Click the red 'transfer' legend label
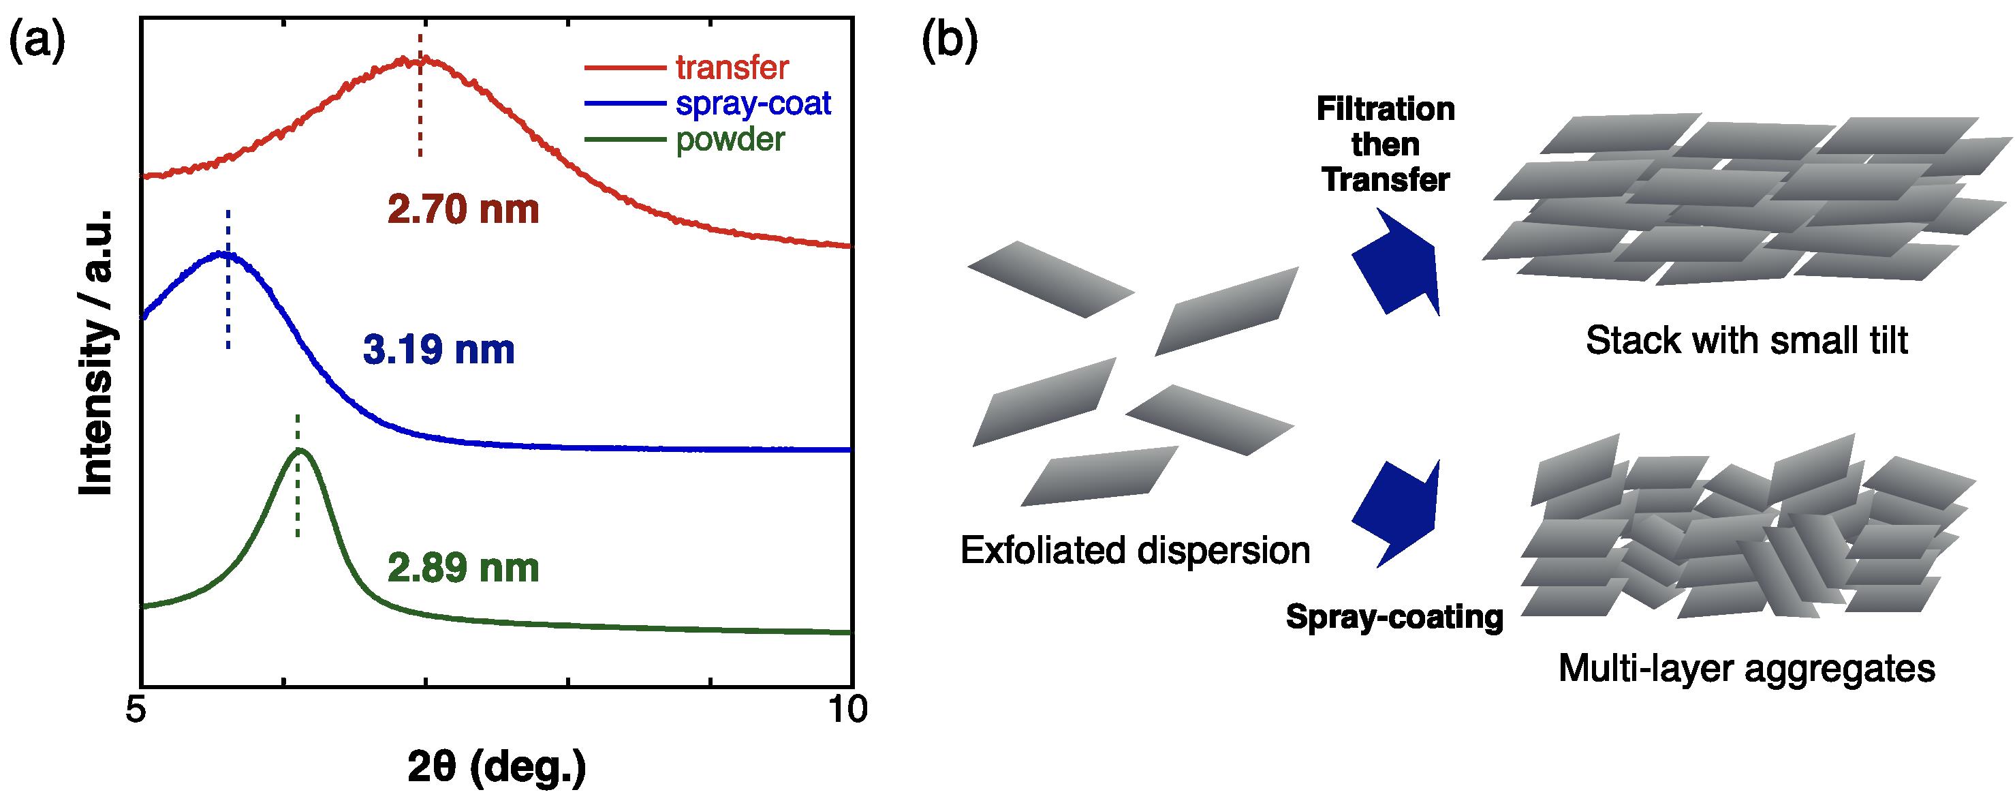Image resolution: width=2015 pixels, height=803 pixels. pyautogui.click(x=732, y=68)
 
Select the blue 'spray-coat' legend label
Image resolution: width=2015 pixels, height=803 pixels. pyautogui.click(x=753, y=104)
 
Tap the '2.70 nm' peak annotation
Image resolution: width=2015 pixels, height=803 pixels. pyautogui.click(x=463, y=210)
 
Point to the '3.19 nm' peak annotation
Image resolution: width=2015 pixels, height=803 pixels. pyautogui.click(x=439, y=350)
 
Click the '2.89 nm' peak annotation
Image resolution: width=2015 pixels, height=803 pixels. pyautogui.click(x=463, y=569)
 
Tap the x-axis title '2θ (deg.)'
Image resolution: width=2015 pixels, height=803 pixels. pyautogui.click(x=497, y=770)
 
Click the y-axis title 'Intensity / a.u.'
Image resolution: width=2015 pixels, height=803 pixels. pyautogui.click(x=96, y=352)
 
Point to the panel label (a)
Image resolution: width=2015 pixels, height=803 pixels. pyautogui.click(x=36, y=42)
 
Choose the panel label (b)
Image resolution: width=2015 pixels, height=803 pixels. pyautogui.click(x=950, y=42)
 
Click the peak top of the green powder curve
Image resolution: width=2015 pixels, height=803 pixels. pyautogui.click(x=298, y=449)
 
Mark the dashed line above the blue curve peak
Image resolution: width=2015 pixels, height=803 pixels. pyautogui.click(x=228, y=279)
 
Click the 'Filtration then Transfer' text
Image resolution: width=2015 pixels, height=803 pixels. pyautogui.click(x=1386, y=145)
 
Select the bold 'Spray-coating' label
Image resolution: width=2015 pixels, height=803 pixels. pyautogui.click(x=1394, y=618)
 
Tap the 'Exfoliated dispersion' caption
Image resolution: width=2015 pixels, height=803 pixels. pyautogui.click(x=1135, y=550)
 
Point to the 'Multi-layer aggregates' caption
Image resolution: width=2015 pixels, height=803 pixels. pyautogui.click(x=1747, y=669)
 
